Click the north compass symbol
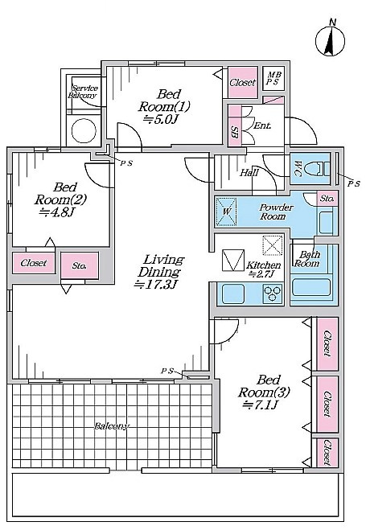pos(330,39)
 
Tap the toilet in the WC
pos(317,169)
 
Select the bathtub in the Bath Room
pos(310,287)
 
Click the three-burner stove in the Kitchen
pos(273,293)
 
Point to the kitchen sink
pos(232,294)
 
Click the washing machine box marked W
pos(226,212)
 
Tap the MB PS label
pos(274,79)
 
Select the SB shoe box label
pos(234,130)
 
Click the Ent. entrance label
pos(262,125)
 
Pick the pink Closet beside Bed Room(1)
pos(243,83)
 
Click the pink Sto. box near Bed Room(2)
pos(80,265)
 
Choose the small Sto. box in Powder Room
pos(327,198)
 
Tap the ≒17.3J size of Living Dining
pos(155,285)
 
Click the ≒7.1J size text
pos(260,405)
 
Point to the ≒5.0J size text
pos(160,119)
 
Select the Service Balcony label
pos(83,92)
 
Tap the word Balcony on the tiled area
pos(112,426)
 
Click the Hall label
pos(249,173)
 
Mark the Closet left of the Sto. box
pos(34,263)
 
